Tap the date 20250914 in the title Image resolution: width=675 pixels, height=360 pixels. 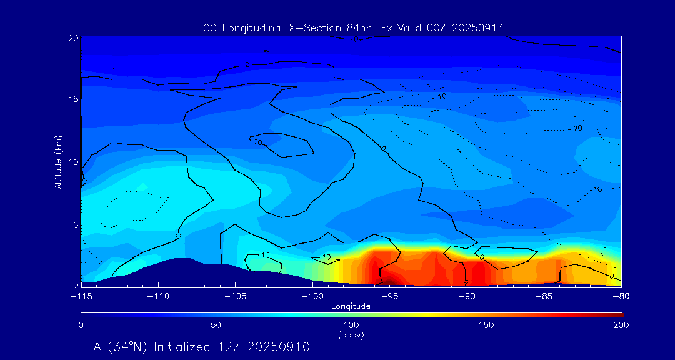point(476,28)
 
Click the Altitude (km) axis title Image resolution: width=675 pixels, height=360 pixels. point(58,162)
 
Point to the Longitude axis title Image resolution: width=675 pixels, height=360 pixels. point(351,306)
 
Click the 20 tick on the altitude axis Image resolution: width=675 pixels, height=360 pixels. point(73,38)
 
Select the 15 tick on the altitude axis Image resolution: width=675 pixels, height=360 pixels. point(73,99)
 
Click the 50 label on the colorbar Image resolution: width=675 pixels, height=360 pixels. point(216,326)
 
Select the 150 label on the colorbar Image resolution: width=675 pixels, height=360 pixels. point(486,326)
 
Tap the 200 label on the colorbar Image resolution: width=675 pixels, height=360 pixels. point(621,326)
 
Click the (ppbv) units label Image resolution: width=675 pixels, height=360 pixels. point(351,335)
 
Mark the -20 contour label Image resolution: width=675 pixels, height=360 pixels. point(576,128)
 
